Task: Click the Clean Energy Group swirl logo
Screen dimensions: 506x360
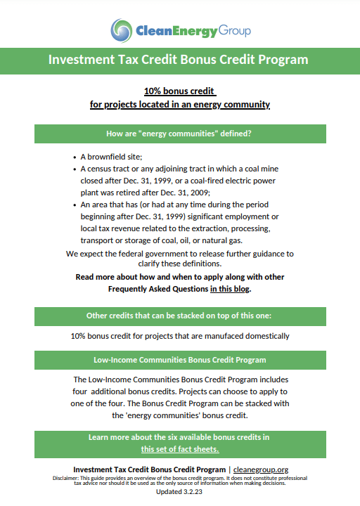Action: tap(121, 30)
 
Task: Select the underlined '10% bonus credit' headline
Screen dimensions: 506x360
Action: tap(179, 91)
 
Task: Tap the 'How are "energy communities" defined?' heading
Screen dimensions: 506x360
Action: tap(179, 134)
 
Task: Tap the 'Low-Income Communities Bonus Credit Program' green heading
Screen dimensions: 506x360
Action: tap(179, 360)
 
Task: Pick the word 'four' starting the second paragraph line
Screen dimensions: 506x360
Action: tap(82, 391)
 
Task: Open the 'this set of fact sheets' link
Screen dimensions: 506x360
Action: tap(179, 449)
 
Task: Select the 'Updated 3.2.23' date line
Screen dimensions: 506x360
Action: tap(179, 492)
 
